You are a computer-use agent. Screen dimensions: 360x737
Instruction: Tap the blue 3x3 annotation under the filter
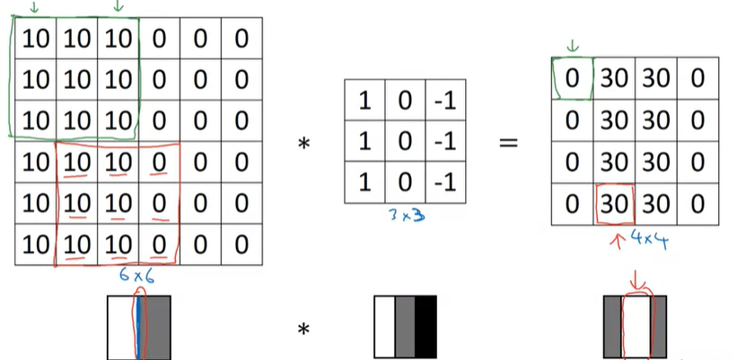coord(403,215)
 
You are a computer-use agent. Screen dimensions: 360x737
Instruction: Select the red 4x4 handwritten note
coord(652,240)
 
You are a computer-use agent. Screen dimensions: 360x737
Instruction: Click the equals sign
coord(508,142)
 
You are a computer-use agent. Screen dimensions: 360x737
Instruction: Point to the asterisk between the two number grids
coord(303,143)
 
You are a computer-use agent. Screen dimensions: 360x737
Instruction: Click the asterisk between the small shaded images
coord(303,329)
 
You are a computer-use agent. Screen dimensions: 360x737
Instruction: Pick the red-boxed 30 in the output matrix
coord(615,202)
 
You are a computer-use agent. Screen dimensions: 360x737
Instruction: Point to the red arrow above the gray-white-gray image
coord(638,281)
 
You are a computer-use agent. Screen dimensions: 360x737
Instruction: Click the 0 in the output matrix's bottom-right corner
coord(698,202)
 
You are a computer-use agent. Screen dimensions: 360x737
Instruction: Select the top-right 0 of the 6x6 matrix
coord(241,40)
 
